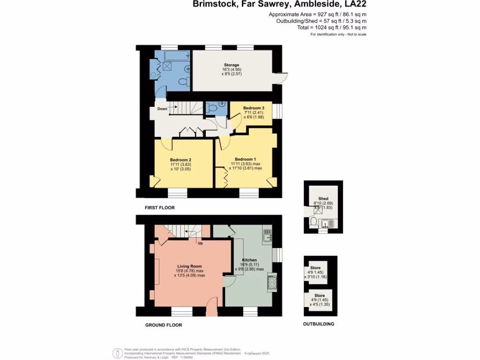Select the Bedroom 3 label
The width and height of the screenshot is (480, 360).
[x=254, y=108]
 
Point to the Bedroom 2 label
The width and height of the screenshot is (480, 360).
[x=180, y=160]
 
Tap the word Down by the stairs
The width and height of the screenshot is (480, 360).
[x=162, y=109]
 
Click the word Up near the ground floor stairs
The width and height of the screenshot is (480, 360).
[x=200, y=244]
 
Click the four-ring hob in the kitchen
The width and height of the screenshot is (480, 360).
[x=271, y=282]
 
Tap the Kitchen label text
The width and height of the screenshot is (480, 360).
[x=249, y=260]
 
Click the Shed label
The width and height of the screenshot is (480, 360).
[x=323, y=199]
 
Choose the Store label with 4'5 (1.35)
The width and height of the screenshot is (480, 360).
[x=320, y=296]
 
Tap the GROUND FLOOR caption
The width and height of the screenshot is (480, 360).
[x=163, y=325]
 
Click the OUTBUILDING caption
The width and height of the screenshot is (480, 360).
[x=319, y=324]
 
